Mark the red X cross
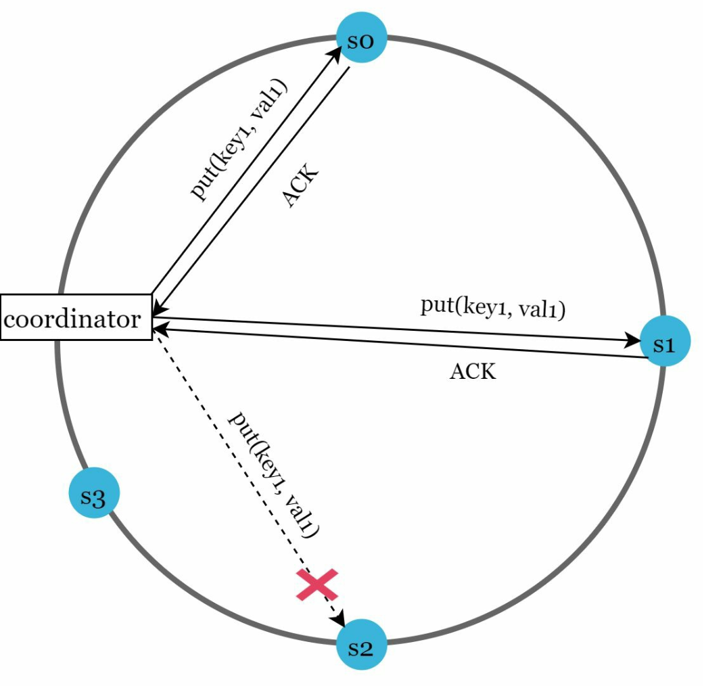click(317, 585)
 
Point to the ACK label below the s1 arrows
click(473, 371)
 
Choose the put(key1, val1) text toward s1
click(492, 308)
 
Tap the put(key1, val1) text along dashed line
click(274, 474)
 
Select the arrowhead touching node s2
click(342, 621)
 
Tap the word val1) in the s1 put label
click(539, 310)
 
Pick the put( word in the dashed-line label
click(241, 426)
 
